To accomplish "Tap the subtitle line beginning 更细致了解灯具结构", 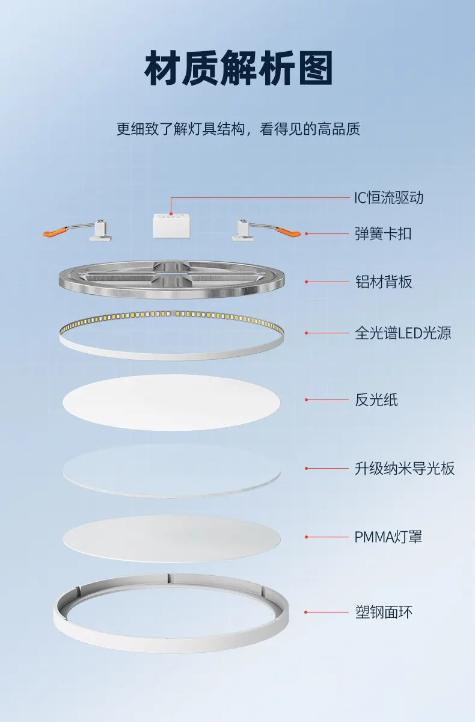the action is [x=238, y=129].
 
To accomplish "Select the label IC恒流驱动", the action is [x=388, y=197].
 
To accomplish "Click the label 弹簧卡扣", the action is [x=383, y=233].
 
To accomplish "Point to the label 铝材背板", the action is [x=384, y=282].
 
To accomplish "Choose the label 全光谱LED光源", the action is [x=403, y=333].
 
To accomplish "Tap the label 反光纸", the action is [x=376, y=400].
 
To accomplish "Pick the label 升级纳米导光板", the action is [x=405, y=468].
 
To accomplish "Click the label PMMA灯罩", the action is [x=388, y=537].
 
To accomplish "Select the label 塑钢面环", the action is [x=384, y=612].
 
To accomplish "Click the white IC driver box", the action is [x=171, y=226].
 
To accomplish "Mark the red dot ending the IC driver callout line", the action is [x=171, y=214].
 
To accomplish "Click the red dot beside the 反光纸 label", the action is [x=307, y=400].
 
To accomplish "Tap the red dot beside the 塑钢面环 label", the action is [x=307, y=612].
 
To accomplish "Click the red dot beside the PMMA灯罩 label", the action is [x=307, y=537].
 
